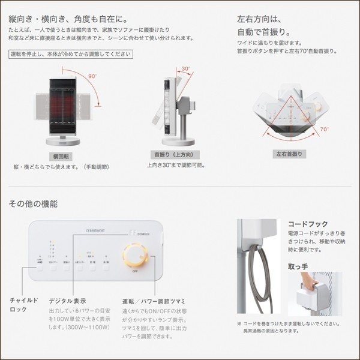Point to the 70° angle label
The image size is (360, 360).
tap(325, 128)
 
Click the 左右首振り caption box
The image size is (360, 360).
tap(289, 154)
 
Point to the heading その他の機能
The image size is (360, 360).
tap(34, 203)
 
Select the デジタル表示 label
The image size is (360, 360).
tap(67, 300)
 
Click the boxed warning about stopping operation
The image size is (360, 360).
tap(71, 54)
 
